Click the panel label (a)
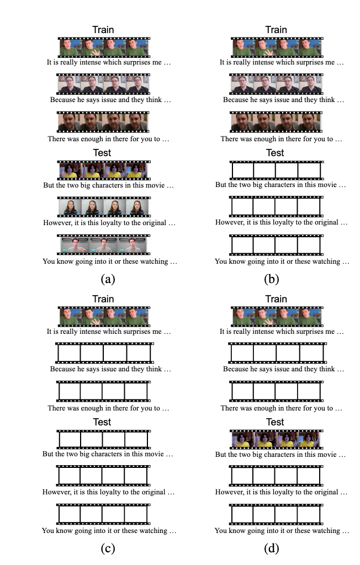click(x=107, y=279)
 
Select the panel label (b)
click(x=272, y=279)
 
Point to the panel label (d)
click(x=272, y=548)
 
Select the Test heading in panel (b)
click(x=275, y=153)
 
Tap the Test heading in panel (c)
click(x=103, y=422)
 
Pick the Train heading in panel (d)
click(x=276, y=299)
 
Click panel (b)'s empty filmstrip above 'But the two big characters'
click(x=276, y=170)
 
